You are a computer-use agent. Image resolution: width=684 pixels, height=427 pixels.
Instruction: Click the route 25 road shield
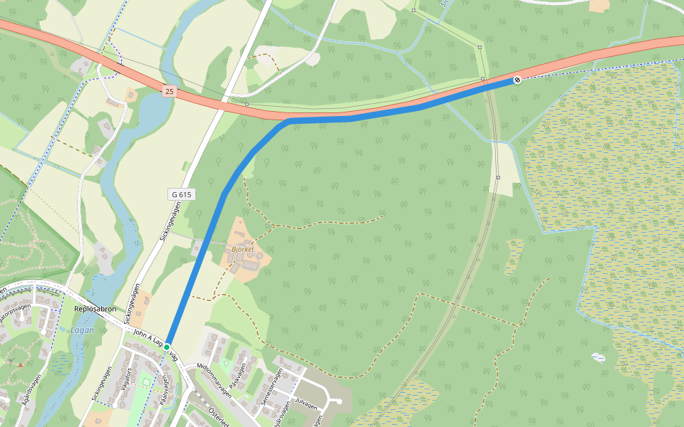168,91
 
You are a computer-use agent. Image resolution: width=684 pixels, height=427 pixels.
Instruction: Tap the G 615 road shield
181,194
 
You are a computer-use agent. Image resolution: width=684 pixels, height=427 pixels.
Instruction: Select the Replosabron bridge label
95,310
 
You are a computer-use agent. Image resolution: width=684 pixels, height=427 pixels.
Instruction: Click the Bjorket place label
244,250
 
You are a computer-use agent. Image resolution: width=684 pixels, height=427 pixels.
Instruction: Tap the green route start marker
167,346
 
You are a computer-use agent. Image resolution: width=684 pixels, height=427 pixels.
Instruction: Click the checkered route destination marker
517,80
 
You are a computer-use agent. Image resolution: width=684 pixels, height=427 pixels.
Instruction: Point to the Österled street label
218,416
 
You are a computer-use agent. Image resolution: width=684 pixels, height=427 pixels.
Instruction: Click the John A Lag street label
148,340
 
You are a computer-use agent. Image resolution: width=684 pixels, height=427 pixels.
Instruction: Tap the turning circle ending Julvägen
339,401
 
